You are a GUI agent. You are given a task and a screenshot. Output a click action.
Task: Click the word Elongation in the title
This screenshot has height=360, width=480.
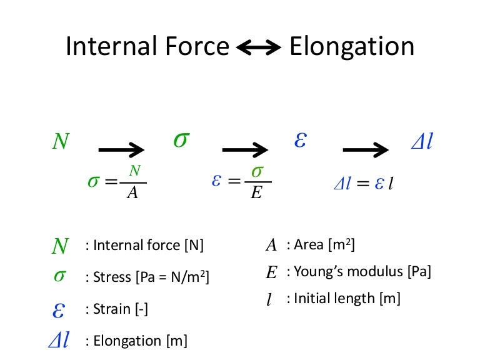coord(352,47)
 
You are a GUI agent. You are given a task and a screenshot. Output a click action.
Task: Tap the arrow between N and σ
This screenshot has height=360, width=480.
coord(122,150)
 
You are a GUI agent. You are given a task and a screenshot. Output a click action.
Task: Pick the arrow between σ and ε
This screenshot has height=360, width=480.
coord(246,150)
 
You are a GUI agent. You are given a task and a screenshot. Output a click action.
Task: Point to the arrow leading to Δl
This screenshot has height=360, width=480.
coord(366,150)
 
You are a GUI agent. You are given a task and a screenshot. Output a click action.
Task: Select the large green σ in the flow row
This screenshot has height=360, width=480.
coord(180,140)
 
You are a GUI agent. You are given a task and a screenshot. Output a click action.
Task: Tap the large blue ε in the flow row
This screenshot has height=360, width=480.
coord(299,140)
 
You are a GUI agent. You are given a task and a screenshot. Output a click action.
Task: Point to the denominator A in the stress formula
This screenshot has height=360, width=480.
coord(132,193)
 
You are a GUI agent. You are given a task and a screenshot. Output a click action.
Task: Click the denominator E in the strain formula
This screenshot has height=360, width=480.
coord(256,193)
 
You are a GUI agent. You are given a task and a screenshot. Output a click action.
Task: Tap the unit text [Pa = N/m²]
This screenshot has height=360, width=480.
coord(172,277)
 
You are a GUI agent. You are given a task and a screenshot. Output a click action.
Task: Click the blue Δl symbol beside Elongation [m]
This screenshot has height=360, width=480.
coord(58,341)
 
